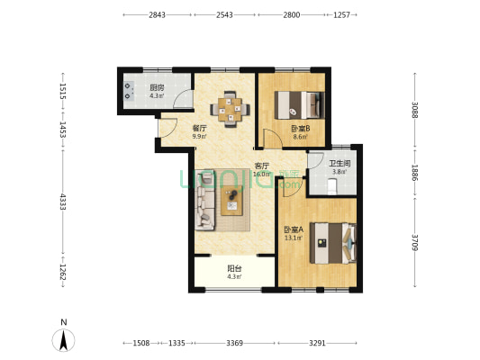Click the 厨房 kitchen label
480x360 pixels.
click(x=157, y=87)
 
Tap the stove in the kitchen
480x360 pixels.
click(x=129, y=91)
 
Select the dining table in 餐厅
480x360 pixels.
click(x=230, y=109)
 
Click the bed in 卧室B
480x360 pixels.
click(x=299, y=105)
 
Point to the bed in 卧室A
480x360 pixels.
click(x=333, y=243)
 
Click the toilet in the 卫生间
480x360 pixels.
click(x=331, y=186)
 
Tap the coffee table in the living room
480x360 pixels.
click(x=231, y=201)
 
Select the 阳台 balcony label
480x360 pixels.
click(x=234, y=268)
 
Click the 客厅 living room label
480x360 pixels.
click(x=262, y=166)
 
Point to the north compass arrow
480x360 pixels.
click(x=63, y=340)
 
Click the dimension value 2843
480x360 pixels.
click(x=157, y=14)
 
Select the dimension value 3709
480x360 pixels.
click(x=415, y=242)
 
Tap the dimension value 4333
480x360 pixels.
click(x=63, y=202)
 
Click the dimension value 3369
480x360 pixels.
click(x=234, y=343)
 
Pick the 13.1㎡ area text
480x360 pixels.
click(x=294, y=238)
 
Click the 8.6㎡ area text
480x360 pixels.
click(x=300, y=137)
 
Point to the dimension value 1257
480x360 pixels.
click(x=341, y=14)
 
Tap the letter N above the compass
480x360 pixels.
click(x=64, y=322)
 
